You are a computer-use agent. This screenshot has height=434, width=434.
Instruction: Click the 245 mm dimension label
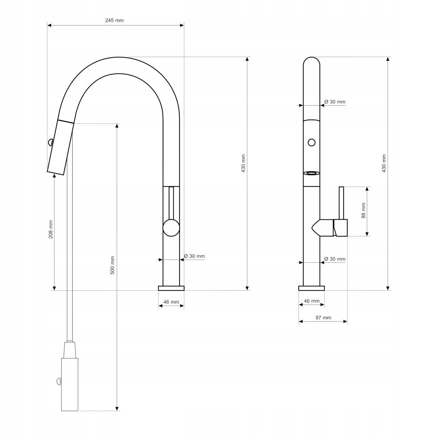(x=115, y=20)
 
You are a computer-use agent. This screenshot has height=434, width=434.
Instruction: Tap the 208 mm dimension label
(x=51, y=229)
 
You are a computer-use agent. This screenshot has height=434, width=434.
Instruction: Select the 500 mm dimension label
(x=112, y=265)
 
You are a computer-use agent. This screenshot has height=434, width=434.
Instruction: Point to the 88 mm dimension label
(x=363, y=211)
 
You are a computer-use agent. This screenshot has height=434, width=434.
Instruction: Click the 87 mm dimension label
(x=323, y=318)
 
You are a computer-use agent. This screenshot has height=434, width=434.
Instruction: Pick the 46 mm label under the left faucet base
(x=171, y=302)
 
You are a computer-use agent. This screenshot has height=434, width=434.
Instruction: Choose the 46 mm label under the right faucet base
(x=311, y=301)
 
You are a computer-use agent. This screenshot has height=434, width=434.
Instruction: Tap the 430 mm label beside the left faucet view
(x=243, y=164)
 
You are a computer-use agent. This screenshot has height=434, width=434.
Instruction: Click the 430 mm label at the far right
(x=384, y=164)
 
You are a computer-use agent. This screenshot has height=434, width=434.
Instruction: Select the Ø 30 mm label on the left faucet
(x=194, y=256)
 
